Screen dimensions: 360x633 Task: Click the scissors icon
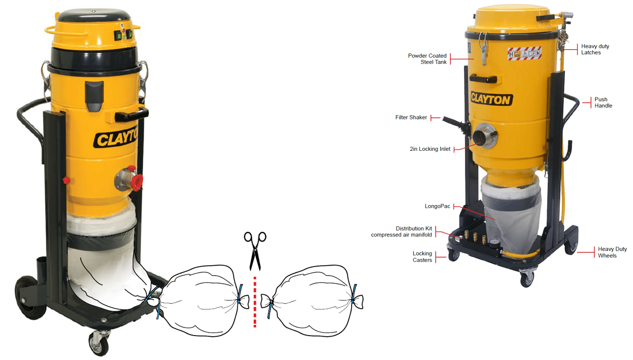click(255, 250)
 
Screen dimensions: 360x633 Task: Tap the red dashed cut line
click(255, 300)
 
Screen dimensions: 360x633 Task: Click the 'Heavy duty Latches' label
click(595, 49)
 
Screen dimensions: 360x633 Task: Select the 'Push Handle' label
click(604, 103)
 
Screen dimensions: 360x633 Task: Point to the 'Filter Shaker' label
click(411, 118)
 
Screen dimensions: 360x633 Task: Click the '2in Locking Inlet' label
click(430, 149)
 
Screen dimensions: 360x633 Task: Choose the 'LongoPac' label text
click(437, 207)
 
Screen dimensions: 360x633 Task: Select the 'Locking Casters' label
click(422, 257)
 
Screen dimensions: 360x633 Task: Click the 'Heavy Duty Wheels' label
click(612, 252)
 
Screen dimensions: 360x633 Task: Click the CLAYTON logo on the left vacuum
click(114, 138)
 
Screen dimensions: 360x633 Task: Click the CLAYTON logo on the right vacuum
click(491, 99)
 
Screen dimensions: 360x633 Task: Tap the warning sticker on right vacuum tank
click(524, 53)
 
